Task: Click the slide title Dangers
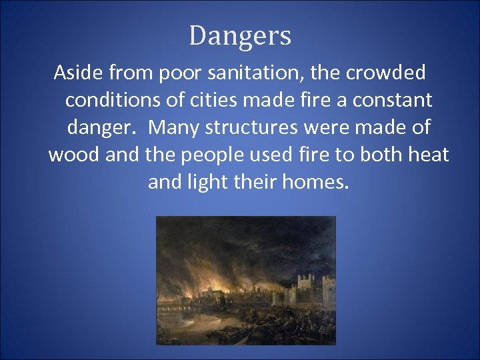[x=240, y=35]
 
